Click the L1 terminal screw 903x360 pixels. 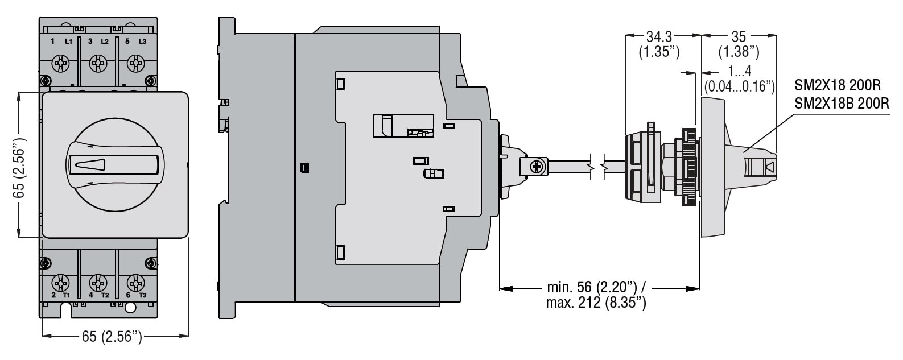[x=61, y=63]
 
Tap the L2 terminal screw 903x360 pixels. [x=98, y=63]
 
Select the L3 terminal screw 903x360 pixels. [x=135, y=63]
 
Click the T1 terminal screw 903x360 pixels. [x=61, y=283]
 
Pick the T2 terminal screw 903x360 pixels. [x=98, y=283]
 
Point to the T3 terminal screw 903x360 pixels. [x=135, y=283]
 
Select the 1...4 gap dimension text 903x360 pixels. [x=740, y=71]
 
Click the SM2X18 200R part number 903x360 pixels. [x=838, y=86]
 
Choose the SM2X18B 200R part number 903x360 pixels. [x=842, y=104]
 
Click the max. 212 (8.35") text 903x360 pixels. [x=596, y=303]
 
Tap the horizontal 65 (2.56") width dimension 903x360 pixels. [x=112, y=337]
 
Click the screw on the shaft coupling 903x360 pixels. [x=536, y=167]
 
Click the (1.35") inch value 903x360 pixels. [x=659, y=52]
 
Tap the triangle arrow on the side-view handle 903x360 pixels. [x=770, y=167]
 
